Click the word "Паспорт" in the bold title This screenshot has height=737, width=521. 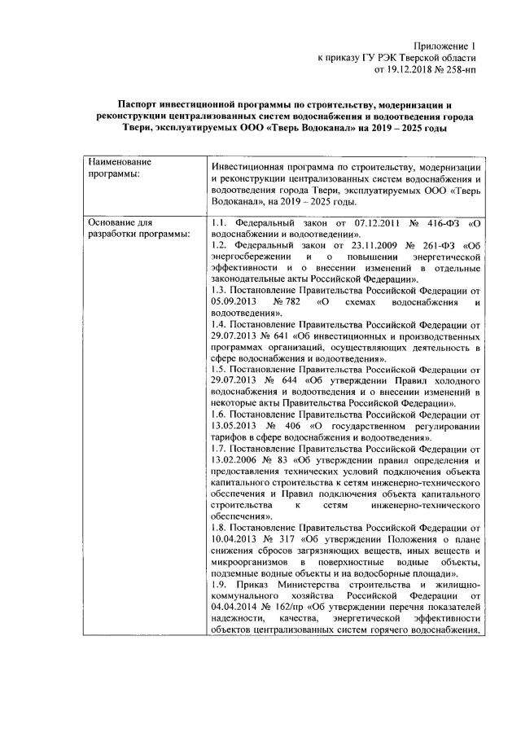[x=141, y=105]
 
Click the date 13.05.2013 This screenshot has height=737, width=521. [x=234, y=427]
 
